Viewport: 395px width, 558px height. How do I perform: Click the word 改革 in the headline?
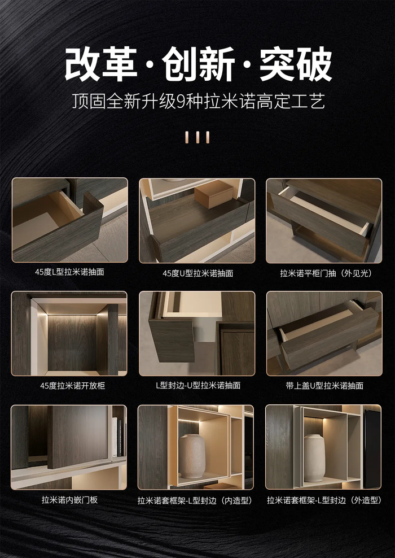pos(101,64)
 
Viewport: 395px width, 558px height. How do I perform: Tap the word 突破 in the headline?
pos(296,64)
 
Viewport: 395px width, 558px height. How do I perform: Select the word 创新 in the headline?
pos(199,64)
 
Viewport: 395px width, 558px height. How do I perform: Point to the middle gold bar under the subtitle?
pos(198,137)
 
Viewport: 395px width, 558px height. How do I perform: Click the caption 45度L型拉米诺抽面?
pos(69,272)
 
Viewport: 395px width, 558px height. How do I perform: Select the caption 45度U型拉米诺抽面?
pos(197,273)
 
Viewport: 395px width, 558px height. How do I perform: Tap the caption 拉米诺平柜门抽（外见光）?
pos(326,273)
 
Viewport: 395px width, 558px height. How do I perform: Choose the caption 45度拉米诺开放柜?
pos(73,386)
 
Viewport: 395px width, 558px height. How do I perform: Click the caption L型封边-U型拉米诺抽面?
pos(198,385)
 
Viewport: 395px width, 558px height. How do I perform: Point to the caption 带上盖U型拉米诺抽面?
pos(324,386)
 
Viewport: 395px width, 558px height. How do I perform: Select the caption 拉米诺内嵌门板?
pos(69,500)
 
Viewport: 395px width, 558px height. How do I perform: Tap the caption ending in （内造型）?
pos(196,500)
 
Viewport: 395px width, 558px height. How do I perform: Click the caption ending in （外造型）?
pos(324,500)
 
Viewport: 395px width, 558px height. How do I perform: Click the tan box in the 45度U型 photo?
pos(214,195)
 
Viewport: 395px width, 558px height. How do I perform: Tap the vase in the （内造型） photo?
pos(192,456)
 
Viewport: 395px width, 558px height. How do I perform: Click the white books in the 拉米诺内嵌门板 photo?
pos(115,437)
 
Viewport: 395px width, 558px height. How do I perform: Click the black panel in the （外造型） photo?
pos(372,448)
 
